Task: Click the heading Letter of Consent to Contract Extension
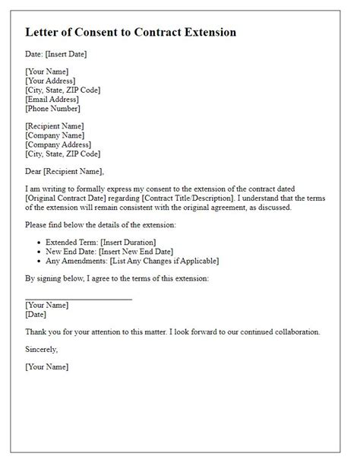click(131, 33)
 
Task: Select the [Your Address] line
click(50, 81)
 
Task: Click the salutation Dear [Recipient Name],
click(65, 171)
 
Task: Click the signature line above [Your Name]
click(78, 298)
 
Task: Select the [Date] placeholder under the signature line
click(36, 314)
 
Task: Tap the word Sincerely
click(42, 350)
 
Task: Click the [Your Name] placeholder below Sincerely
click(47, 367)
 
